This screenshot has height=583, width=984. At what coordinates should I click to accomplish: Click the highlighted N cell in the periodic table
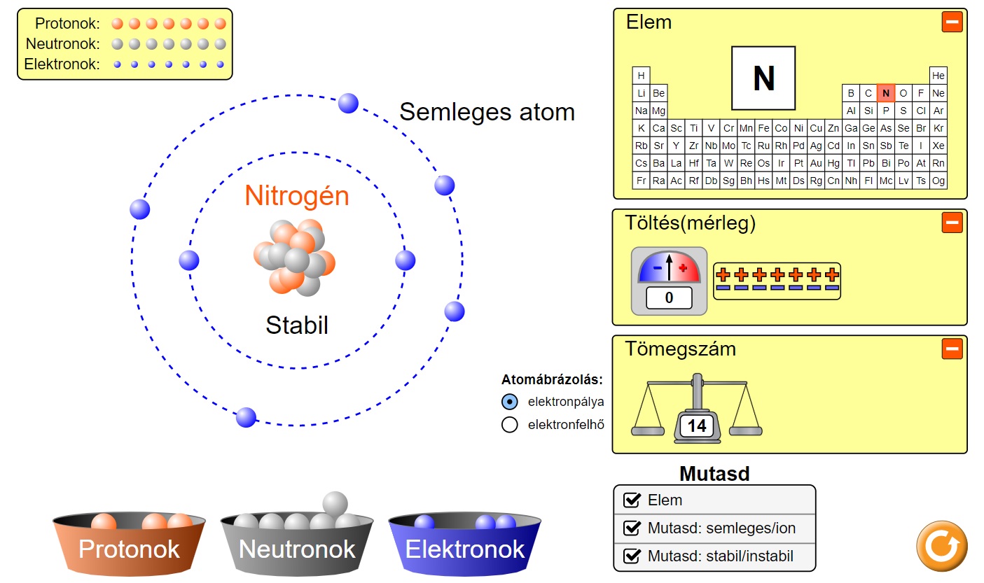point(886,92)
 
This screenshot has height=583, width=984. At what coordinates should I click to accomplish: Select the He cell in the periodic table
point(938,75)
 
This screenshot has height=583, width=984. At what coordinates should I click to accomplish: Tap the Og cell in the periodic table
point(938,181)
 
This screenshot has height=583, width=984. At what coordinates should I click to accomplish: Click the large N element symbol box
point(763,78)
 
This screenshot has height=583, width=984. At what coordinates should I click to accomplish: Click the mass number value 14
point(697,426)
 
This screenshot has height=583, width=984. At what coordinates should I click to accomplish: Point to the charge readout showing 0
point(669,298)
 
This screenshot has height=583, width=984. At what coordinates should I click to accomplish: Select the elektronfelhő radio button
point(510,424)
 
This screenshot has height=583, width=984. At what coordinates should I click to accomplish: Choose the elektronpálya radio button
point(510,402)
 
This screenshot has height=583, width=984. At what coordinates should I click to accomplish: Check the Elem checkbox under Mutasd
point(632,500)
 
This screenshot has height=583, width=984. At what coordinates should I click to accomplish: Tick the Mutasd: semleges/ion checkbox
point(632,528)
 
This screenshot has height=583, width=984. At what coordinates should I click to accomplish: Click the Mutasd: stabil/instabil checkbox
point(632,557)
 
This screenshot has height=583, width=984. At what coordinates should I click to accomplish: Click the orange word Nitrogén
point(297,197)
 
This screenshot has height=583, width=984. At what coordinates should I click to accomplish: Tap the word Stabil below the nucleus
point(297,325)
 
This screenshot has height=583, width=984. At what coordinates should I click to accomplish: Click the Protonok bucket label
point(129,549)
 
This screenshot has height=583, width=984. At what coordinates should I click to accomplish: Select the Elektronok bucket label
point(465,549)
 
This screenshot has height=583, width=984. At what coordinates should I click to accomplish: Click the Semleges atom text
point(487,112)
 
